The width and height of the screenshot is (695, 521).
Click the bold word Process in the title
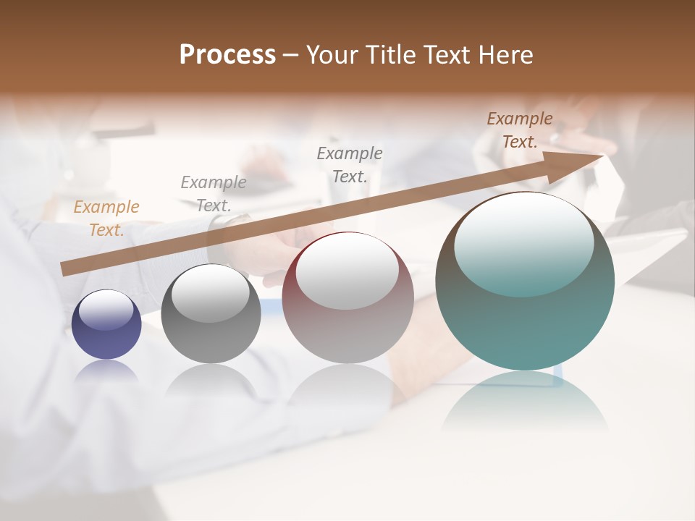coord(227,55)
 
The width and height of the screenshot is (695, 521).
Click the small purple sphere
coord(106,324)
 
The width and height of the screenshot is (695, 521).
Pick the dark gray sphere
coord(211,314)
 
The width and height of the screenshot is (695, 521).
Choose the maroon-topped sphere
coord(347,297)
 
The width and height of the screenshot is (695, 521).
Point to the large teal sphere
coord(525,281)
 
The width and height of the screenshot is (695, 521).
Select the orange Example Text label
coord(106,219)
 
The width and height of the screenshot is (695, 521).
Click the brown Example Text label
coord(520,130)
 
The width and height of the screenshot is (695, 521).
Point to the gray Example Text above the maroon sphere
coord(350,164)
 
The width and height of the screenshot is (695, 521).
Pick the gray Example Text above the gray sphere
coord(214,193)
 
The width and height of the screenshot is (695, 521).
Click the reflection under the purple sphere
coord(106,371)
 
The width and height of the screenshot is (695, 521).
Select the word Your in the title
coord(332,55)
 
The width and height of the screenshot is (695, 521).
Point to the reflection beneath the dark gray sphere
coord(211,380)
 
